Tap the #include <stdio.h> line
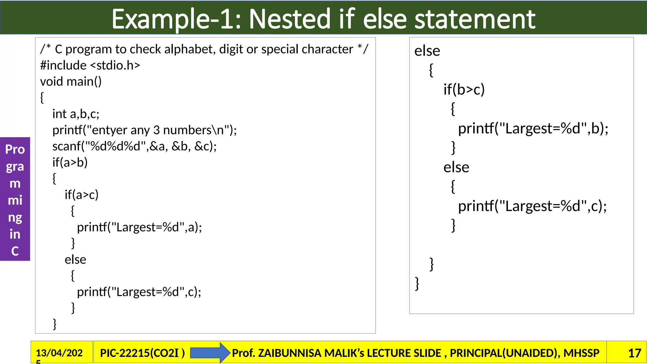click(90, 65)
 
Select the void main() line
click(71, 82)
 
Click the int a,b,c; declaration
click(76, 114)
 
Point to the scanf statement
click(134, 146)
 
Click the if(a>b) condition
click(70, 162)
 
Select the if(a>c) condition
click(82, 195)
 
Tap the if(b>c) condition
click(464, 89)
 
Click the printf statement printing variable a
click(139, 227)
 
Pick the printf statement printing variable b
click(533, 128)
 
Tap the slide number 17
click(634, 353)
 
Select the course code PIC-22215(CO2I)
click(142, 353)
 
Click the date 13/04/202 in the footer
click(59, 353)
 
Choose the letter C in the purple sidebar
click(15, 251)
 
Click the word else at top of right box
click(427, 51)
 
